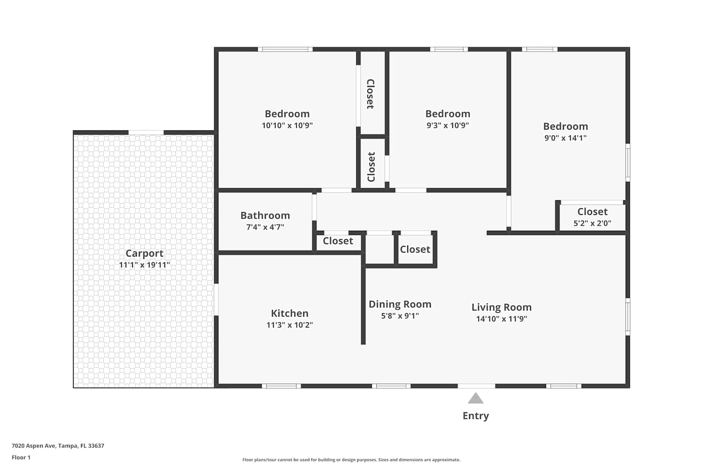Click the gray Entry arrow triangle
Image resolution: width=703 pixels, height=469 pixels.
pos(476,398)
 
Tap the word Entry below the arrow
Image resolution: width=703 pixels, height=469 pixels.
pos(476,416)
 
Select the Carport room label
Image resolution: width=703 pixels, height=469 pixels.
pos(144,253)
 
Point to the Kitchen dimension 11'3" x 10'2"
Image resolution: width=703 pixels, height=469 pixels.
pos(290,325)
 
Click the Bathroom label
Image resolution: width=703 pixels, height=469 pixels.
pos(265,215)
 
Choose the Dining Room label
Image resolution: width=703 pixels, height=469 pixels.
pos(400,304)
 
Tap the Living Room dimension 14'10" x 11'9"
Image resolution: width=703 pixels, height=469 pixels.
pos(501,319)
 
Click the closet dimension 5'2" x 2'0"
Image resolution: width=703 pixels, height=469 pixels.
pos(592,223)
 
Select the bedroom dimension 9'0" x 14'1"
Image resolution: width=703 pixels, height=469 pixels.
pos(566,138)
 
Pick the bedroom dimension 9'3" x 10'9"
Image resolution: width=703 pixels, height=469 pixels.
pos(448,125)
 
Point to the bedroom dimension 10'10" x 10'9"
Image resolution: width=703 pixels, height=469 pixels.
pos(287,125)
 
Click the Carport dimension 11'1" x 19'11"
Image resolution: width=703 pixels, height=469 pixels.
pos(144,265)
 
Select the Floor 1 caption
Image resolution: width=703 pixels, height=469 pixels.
pos(21,457)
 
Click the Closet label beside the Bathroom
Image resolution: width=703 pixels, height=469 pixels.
pos(338,241)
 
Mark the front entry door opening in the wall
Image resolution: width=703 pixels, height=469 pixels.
pos(477,386)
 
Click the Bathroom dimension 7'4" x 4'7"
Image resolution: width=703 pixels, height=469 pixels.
pos(265,227)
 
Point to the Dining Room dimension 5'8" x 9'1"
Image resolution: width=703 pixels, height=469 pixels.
pos(400,316)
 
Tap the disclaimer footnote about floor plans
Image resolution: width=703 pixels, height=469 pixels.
pos(351,460)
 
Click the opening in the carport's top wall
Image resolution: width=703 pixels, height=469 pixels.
pos(146,133)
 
